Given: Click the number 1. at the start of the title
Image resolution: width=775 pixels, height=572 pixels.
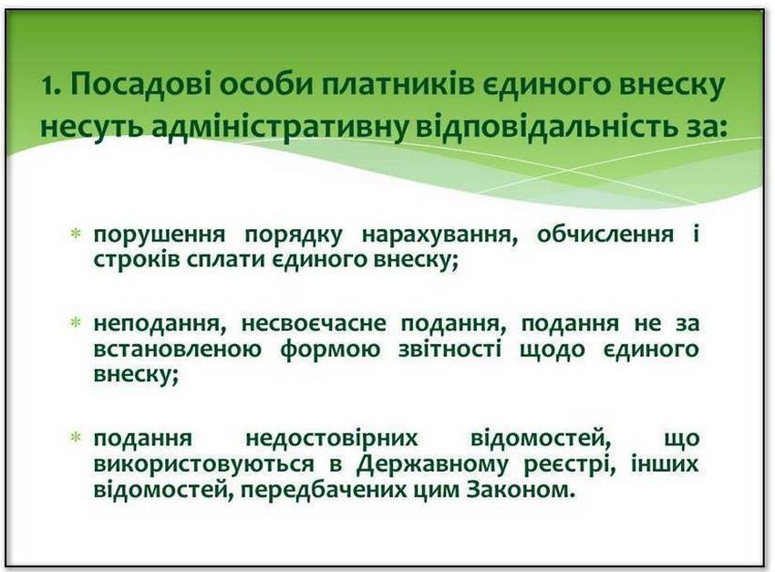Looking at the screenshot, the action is pyautogui.click(x=51, y=86).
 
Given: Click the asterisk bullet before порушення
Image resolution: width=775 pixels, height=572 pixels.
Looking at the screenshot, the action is pyautogui.click(x=76, y=234).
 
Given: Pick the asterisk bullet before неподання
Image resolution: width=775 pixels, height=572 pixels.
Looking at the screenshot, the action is pyautogui.click(x=76, y=323).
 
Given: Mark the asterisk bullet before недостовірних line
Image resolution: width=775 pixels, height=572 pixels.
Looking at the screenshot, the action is pyautogui.click(x=76, y=438).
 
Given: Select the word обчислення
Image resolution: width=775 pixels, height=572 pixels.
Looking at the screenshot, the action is pyautogui.click(x=605, y=234).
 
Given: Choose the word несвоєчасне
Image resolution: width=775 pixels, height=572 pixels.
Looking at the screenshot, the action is pyautogui.click(x=314, y=324).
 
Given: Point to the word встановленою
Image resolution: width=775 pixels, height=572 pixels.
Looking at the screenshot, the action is pyautogui.click(x=178, y=349).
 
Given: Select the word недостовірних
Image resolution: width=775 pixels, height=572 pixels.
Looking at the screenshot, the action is pyautogui.click(x=332, y=439).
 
